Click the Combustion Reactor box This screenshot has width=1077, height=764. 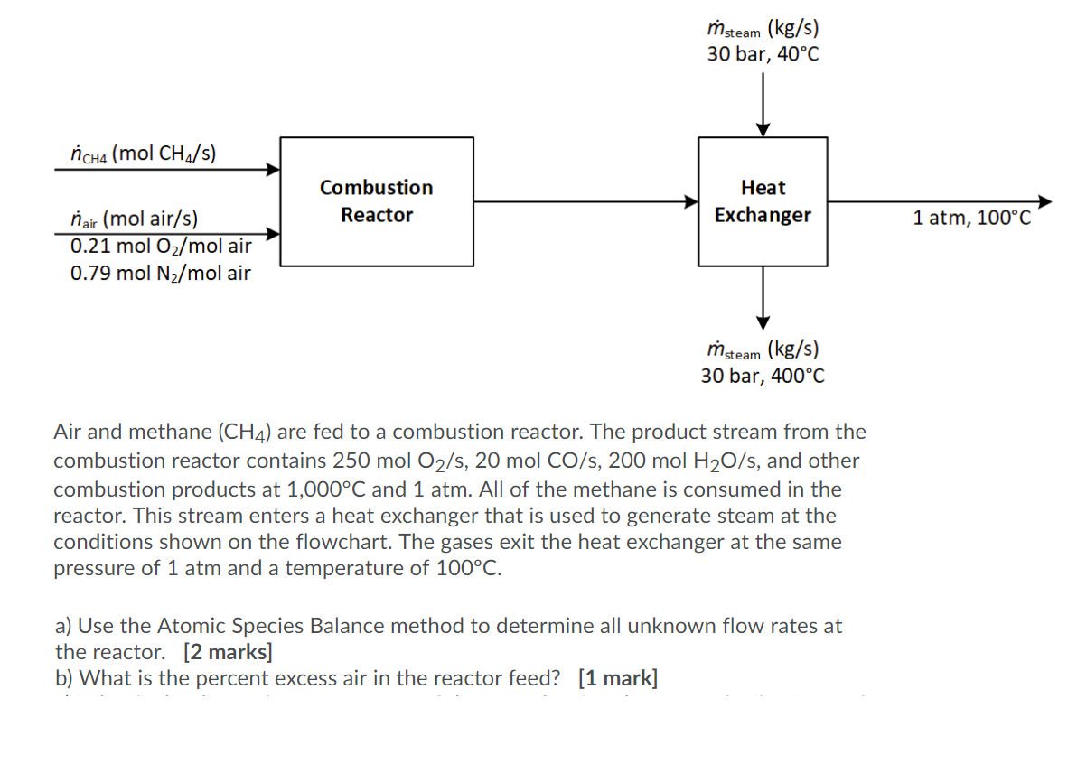[x=377, y=201]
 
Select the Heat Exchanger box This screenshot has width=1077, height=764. [x=763, y=201]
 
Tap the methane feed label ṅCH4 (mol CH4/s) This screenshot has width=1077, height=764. [x=143, y=153]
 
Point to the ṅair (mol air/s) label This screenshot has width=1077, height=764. [x=135, y=218]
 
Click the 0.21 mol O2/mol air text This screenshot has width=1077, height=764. [x=161, y=245]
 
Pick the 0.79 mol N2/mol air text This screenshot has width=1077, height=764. [x=161, y=273]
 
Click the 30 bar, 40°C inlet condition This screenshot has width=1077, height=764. [x=763, y=54]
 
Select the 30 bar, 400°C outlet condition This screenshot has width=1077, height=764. [x=763, y=376]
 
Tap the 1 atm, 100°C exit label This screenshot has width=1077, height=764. [x=971, y=218]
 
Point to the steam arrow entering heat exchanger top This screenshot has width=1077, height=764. [x=763, y=104]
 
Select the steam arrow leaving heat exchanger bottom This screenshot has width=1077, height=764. [x=763, y=298]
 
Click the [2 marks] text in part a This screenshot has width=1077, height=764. [x=227, y=651]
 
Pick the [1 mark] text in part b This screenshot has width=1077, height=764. [x=618, y=678]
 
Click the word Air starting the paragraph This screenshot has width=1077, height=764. [x=69, y=432]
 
